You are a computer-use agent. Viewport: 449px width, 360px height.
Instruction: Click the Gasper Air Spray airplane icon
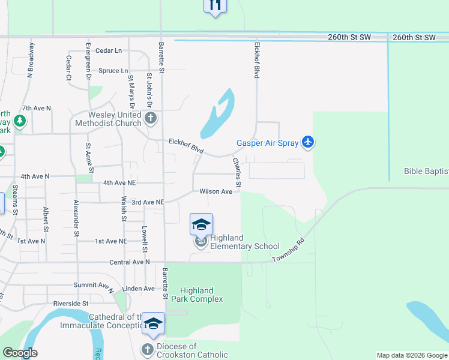point(308,142)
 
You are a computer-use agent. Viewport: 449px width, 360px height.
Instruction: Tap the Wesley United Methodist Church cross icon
point(151,118)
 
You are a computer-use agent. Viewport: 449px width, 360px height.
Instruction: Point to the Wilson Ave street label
point(215,191)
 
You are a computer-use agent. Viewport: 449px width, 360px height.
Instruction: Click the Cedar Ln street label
point(109,51)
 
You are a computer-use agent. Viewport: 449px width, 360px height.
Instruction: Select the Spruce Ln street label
point(113,70)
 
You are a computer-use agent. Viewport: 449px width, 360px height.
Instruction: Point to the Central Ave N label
point(130,262)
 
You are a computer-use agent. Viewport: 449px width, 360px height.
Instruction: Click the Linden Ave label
point(138,289)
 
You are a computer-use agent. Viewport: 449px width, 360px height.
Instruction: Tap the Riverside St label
point(71,304)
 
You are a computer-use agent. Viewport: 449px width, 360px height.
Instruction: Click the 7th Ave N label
point(37,109)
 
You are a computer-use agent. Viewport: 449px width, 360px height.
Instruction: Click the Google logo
point(20,353)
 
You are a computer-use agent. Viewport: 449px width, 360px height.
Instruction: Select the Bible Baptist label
point(426,171)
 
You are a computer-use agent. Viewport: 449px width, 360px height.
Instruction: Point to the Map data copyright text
point(412,355)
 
